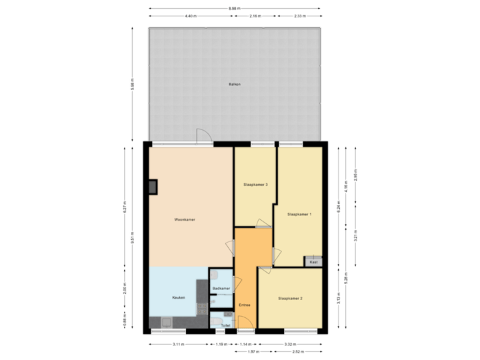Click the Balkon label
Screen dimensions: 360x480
coord(235,85)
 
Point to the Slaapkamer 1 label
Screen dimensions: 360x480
coord(299,215)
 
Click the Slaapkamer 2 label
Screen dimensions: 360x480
coord(291,298)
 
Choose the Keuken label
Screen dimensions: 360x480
coord(178,297)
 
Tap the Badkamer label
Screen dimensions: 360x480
coord(221,288)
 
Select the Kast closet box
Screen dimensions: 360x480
coord(313,262)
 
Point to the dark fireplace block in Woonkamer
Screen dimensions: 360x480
coord(154,186)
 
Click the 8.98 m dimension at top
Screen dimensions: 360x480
coord(234,8)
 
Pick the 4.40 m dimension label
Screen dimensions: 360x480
coord(191,15)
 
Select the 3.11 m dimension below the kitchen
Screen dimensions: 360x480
coord(178,344)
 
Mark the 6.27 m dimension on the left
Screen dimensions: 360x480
coord(125,207)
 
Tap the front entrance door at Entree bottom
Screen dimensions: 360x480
coord(246,326)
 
